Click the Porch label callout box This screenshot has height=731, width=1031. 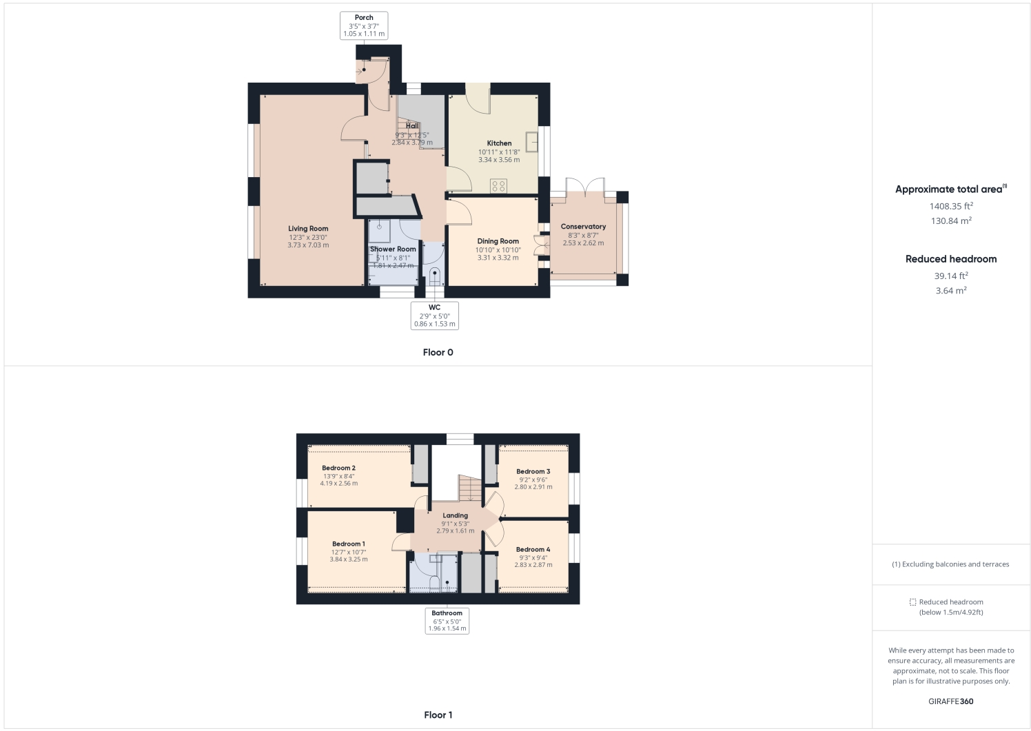(364, 26)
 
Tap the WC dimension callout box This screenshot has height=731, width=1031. (434, 316)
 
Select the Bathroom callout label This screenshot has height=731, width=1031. (447, 620)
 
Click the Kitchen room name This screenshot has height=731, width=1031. (499, 143)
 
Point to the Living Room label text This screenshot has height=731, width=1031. (308, 229)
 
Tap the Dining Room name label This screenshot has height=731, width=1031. (498, 241)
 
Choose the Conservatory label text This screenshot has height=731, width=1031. (583, 227)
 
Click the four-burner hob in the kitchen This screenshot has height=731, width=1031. (498, 185)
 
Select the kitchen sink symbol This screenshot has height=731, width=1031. (531, 141)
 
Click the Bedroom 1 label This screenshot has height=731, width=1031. (348, 544)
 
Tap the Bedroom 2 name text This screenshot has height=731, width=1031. (338, 468)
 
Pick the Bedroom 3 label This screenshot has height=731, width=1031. (533, 471)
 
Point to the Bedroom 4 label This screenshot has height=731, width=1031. (533, 549)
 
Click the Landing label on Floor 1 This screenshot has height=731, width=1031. (455, 515)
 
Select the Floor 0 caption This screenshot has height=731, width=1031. (438, 352)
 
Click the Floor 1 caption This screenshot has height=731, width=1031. (438, 714)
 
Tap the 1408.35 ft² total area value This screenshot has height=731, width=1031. (950, 206)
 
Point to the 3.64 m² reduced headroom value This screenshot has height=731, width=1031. (950, 291)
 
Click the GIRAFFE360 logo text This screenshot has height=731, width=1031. (950, 701)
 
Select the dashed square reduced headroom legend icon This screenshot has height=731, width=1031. (912, 602)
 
